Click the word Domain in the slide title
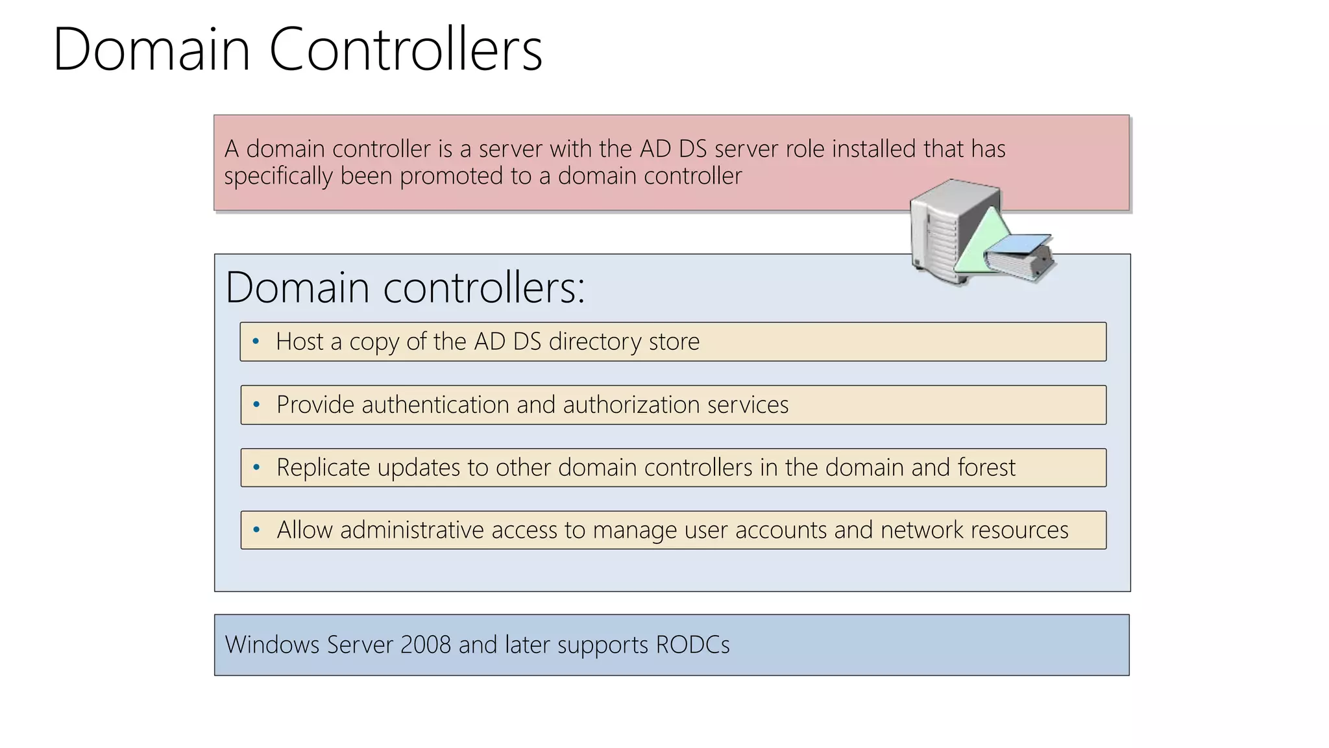click(151, 49)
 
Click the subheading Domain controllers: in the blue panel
click(405, 287)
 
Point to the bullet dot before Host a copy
click(256, 342)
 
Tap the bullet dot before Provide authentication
click(256, 405)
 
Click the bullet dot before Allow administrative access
click(256, 530)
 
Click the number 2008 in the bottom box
click(426, 645)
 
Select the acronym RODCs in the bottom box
click(692, 645)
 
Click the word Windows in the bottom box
click(272, 645)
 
